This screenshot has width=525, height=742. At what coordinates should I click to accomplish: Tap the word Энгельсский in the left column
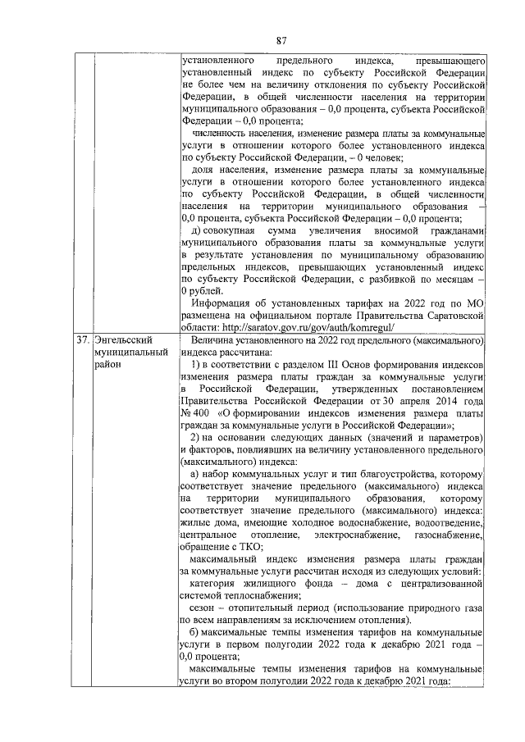pos(123,339)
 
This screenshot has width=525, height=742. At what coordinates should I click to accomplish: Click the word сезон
pos(205,608)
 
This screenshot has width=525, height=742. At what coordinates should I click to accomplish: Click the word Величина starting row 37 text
pos(215,339)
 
